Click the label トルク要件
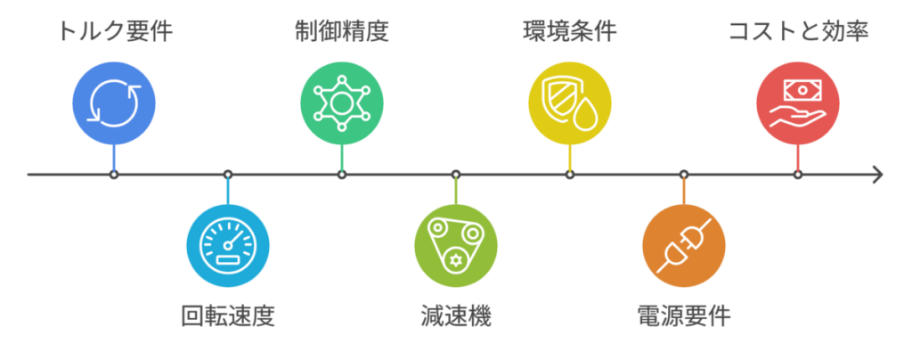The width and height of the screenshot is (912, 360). pos(114,31)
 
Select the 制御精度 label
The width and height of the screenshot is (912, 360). pos(341,31)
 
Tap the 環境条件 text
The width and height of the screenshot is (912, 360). pos(569,31)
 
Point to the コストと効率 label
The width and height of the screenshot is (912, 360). pos(799,31)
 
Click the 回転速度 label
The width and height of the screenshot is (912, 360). pos(227,317)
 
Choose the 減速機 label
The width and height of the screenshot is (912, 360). pos(455,317)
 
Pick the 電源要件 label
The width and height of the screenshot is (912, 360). pos(683,317)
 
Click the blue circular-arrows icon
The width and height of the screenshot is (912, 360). pos(114,103)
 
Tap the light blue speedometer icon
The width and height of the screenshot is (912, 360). pos(227,245)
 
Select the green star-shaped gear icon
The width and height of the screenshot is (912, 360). pos(342,103)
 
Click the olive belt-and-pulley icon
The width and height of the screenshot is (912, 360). pos(456,245)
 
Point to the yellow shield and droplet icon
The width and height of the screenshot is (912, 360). pos(569,103)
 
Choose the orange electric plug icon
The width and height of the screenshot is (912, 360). pos(684,245)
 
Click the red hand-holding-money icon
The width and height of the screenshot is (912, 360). pos(798,103)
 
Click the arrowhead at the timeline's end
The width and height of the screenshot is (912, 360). pos(878,174)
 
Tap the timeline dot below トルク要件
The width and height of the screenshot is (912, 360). pos(114,174)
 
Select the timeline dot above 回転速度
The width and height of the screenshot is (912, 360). pos(228,174)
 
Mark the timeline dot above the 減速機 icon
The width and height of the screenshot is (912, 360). pos(456,174)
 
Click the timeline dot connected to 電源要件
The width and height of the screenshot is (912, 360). pos(684,174)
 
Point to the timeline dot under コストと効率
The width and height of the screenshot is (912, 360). pos(798,174)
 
